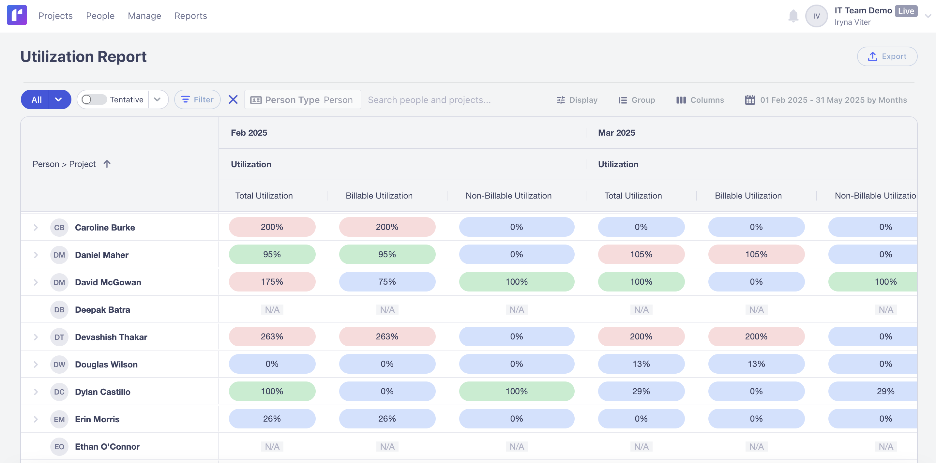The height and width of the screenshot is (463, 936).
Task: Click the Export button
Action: click(x=887, y=56)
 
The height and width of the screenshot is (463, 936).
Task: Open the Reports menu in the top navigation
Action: click(x=190, y=16)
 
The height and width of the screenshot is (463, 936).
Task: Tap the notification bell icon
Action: click(x=793, y=16)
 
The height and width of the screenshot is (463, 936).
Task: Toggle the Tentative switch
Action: click(x=94, y=99)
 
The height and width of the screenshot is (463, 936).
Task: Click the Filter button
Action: click(x=197, y=99)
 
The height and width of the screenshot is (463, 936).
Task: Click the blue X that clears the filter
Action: click(x=233, y=99)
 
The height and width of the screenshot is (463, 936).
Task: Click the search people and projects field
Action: click(x=429, y=100)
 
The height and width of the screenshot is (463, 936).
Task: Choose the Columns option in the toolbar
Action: click(x=700, y=100)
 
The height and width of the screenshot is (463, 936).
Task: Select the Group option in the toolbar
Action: click(x=637, y=100)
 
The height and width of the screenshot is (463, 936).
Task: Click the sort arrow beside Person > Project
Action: click(x=107, y=164)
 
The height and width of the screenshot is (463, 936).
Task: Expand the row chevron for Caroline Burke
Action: click(x=36, y=227)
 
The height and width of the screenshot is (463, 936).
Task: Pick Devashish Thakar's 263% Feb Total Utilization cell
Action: click(x=272, y=336)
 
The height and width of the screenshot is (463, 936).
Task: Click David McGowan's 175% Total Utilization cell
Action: click(x=272, y=282)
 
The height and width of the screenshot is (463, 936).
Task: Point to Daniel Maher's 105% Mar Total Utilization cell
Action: click(x=641, y=254)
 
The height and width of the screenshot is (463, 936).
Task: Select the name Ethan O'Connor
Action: click(x=107, y=447)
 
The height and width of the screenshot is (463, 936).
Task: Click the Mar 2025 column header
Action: click(x=616, y=133)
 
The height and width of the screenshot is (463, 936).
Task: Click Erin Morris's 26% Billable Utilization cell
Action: click(x=387, y=419)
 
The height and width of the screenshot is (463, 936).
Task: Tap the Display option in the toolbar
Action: click(x=577, y=100)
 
